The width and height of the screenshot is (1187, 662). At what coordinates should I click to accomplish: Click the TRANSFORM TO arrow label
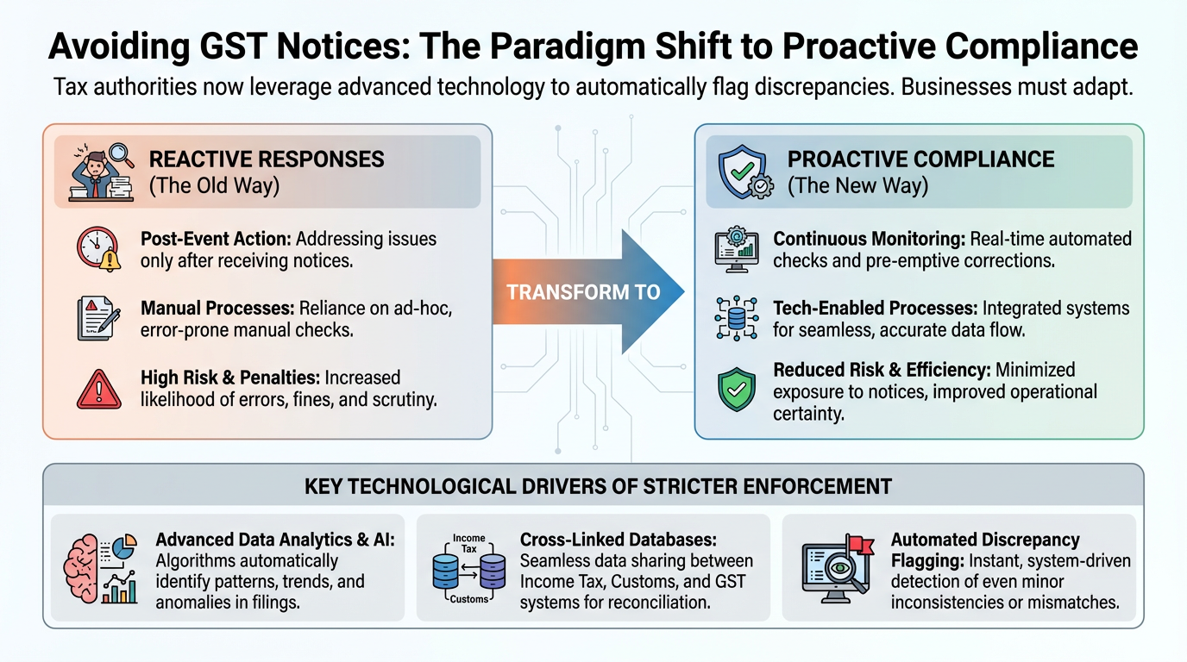[583, 292]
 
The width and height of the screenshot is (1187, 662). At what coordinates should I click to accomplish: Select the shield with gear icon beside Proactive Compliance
[745, 172]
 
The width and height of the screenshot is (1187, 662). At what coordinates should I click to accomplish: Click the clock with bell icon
[99, 249]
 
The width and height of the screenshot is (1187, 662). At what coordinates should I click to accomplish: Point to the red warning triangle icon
[99, 390]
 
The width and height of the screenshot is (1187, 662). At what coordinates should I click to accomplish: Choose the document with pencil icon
[98, 318]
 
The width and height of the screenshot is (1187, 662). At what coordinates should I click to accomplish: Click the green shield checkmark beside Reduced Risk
[737, 390]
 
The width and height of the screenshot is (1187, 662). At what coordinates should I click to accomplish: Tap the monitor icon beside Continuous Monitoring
[737, 249]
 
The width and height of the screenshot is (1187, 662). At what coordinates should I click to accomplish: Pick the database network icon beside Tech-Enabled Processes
[737, 318]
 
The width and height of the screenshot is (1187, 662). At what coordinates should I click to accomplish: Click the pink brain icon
[81, 569]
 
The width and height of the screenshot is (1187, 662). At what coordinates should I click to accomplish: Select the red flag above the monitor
[860, 545]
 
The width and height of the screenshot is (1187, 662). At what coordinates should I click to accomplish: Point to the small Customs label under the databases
[469, 599]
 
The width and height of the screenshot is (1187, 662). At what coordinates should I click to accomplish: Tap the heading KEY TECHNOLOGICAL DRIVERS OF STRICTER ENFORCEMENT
[599, 486]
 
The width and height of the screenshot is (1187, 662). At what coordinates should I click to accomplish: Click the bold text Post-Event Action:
[216, 239]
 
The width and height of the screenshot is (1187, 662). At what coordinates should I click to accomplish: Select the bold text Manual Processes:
[217, 309]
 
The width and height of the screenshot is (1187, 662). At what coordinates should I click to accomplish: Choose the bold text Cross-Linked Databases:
[618, 540]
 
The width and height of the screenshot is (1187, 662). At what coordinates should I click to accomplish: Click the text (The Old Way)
[214, 186]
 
